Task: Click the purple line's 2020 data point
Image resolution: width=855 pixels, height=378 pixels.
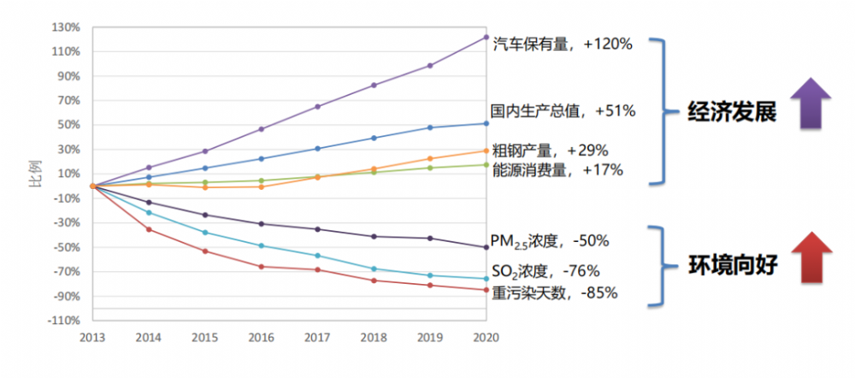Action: coord(486,37)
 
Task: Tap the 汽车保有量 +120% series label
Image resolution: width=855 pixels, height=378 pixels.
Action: coord(563,44)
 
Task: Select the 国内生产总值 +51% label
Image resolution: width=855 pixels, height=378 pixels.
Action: coord(563,110)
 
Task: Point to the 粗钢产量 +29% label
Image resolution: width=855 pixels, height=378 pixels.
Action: coord(551,151)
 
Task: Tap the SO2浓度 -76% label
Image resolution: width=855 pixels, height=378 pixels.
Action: coord(545,271)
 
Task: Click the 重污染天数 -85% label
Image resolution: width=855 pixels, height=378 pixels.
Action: coord(555,292)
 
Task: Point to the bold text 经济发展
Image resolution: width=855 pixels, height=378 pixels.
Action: coord(732,112)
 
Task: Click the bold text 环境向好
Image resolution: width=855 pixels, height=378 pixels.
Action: coord(732,264)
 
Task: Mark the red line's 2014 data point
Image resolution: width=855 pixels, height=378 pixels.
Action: coord(149,229)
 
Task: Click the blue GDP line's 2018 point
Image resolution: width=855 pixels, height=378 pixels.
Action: coord(374,138)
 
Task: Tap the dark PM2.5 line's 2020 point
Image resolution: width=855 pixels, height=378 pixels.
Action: coord(486,247)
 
